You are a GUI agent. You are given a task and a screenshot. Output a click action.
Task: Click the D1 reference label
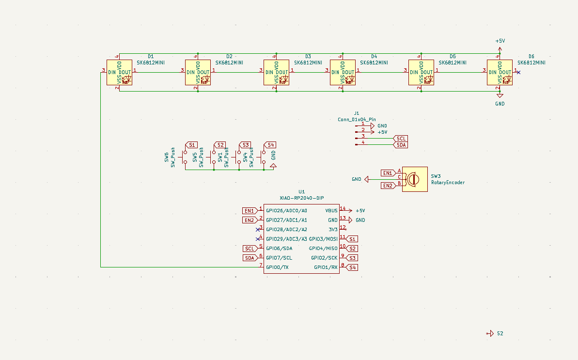coord(151,57)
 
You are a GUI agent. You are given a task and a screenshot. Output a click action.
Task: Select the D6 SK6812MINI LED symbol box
coord(500,73)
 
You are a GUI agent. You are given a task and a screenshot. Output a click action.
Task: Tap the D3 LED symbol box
coord(276,73)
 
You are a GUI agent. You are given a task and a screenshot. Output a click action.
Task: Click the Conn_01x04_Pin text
coord(357,119)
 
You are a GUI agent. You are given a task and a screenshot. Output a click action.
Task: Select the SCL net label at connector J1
coord(401,139)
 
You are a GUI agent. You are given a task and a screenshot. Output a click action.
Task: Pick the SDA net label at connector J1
coord(401,145)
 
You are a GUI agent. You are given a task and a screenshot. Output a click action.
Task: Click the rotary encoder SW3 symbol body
coord(414,179)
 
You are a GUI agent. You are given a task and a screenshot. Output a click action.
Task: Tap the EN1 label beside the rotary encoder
coord(388,173)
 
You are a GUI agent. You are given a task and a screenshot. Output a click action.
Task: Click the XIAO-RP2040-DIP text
coord(302,198)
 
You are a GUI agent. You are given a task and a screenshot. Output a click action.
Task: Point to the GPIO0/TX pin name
coord(277,267)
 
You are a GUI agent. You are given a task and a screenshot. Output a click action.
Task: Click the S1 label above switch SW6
coord(191,145)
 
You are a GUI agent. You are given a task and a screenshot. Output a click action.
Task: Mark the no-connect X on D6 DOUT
coord(518,73)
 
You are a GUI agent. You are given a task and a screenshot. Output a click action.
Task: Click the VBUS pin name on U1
coord(331,211)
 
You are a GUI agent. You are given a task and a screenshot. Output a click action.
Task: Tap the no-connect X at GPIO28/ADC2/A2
coord(258,230)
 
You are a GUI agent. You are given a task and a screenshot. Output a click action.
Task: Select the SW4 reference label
coord(245,157)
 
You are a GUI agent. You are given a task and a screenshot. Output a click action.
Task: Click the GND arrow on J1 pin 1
coord(372,125)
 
